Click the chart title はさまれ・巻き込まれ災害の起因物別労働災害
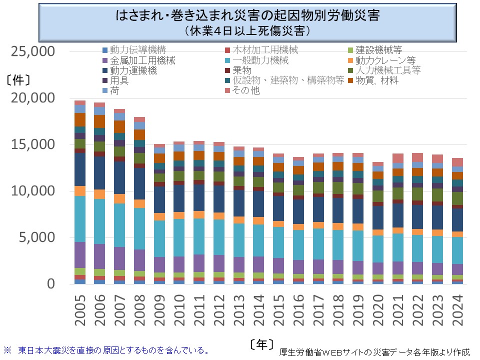pos(247,15)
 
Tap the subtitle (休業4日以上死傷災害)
pos(247,31)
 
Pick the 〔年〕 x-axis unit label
pos(261,344)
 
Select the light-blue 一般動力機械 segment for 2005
pos(80,219)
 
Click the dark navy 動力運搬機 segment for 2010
pos(179,198)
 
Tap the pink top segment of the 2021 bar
pos(397,158)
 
